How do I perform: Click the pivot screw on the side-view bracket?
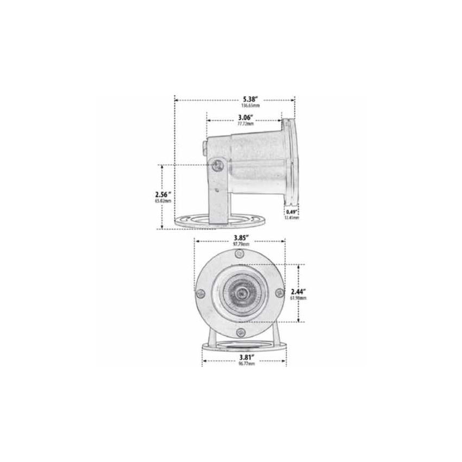[217, 165]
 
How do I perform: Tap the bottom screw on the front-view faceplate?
[240, 335]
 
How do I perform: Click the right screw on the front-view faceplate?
[279, 292]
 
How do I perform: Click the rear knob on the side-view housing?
[203, 147]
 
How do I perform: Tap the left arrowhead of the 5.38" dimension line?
[176, 99]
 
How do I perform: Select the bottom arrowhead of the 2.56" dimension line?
[163, 228]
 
